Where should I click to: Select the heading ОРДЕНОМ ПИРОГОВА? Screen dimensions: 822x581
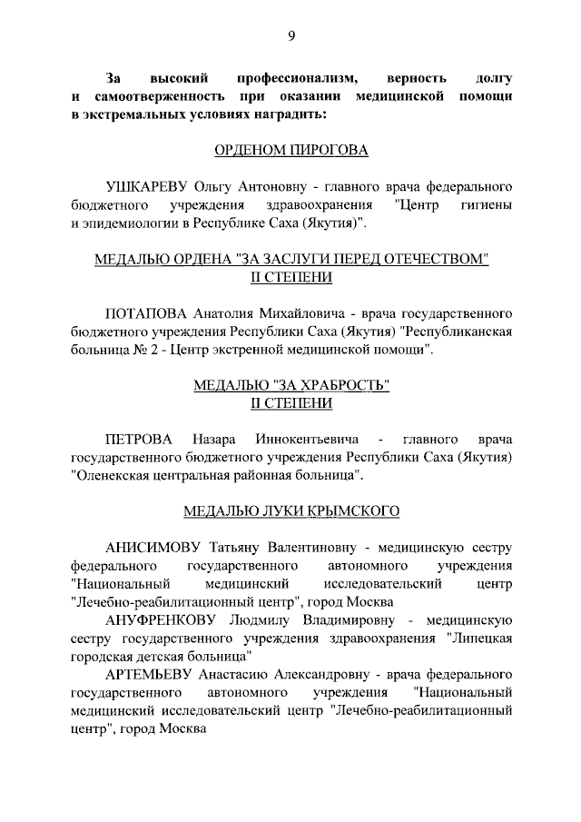(x=290, y=149)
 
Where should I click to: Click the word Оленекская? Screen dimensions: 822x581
(x=112, y=475)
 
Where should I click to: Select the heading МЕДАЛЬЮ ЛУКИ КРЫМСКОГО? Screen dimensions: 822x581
(x=291, y=511)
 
